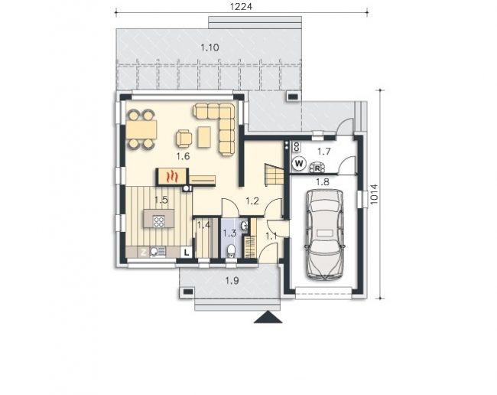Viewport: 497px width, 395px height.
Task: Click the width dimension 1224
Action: point(241,6)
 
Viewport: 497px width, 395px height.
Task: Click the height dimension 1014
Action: point(375,194)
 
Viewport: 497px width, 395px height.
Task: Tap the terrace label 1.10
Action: point(210,47)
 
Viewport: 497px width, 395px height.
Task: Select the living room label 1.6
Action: point(183,156)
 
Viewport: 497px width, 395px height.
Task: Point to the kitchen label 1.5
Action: point(161,200)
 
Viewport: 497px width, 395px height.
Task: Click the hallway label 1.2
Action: point(252,201)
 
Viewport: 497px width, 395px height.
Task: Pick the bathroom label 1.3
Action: point(229,233)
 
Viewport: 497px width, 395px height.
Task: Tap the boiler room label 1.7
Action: point(324,152)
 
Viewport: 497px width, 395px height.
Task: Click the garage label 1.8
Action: point(323,181)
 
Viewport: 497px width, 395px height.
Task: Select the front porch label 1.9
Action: point(232,280)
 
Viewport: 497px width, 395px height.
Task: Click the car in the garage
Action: point(324,234)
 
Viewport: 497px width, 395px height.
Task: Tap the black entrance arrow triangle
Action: point(268,317)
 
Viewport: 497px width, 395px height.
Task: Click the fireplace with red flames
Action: point(172,176)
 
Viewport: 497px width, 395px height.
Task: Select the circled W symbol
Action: point(299,164)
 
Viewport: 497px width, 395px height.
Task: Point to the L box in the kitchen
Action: point(187,252)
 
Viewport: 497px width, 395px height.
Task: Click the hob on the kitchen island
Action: point(158,221)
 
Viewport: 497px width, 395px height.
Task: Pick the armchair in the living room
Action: point(184,139)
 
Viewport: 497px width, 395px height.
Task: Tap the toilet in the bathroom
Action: point(231,251)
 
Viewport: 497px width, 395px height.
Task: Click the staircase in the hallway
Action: point(274,175)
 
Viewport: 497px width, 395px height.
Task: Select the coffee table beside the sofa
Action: point(204,137)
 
